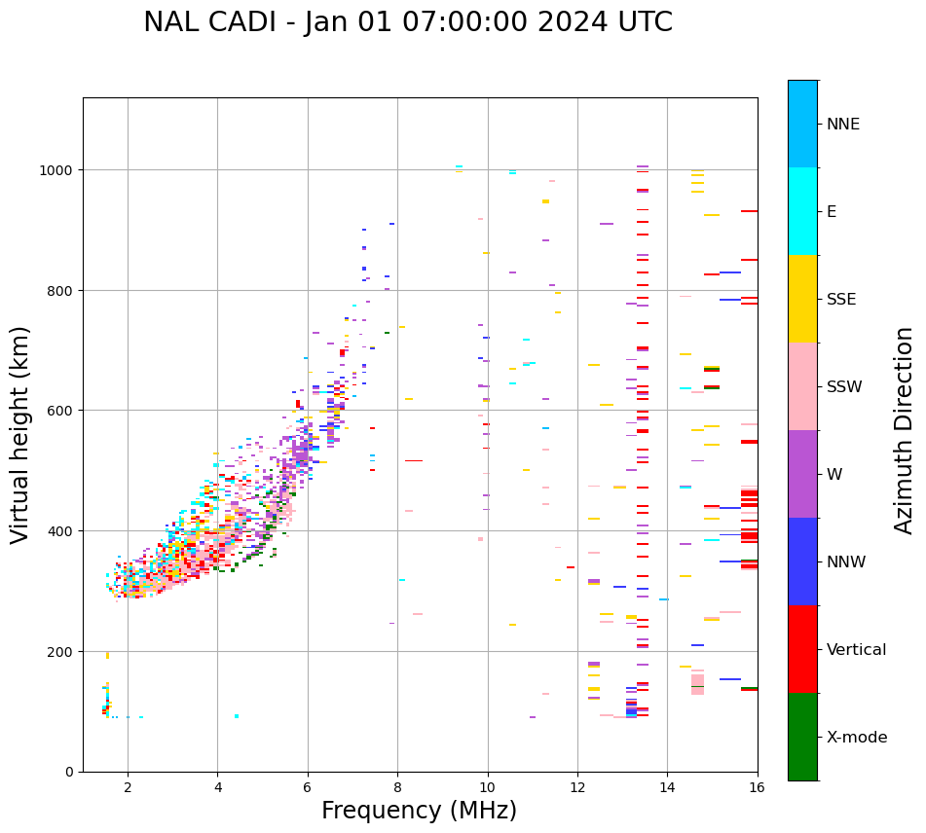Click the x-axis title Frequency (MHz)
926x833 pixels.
click(419, 811)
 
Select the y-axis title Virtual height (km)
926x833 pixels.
click(20, 434)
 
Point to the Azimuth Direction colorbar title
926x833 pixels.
click(905, 430)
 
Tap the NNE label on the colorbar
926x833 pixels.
click(843, 125)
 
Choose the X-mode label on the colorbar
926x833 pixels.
click(857, 738)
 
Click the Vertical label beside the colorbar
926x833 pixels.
click(857, 650)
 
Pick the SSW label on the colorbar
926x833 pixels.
click(844, 387)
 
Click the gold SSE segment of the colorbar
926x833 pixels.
click(802, 299)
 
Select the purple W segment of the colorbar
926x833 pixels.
click(802, 474)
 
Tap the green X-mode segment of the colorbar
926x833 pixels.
click(802, 737)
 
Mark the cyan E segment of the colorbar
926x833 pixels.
click(802, 211)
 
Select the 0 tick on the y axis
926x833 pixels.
click(69, 772)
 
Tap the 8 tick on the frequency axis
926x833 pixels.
click(397, 788)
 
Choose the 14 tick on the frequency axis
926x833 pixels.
click(667, 788)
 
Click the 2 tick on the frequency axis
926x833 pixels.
click(128, 788)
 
